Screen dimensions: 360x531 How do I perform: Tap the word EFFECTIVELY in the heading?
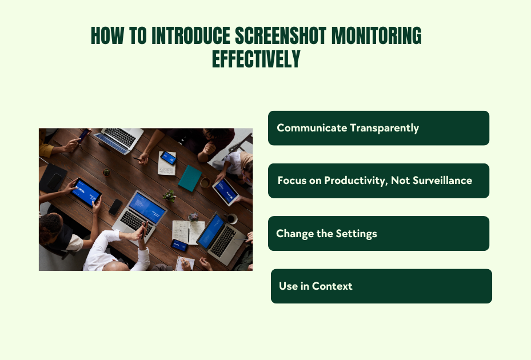(256, 59)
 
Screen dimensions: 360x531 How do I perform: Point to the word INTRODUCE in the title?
(191, 37)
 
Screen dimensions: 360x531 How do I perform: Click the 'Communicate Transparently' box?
(378, 128)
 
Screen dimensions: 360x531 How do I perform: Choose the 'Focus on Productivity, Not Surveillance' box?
(378, 181)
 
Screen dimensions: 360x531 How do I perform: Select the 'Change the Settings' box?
(378, 233)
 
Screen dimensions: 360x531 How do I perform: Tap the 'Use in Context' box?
(381, 286)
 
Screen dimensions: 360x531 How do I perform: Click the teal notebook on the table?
(189, 178)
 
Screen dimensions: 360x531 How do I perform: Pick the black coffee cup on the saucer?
(231, 218)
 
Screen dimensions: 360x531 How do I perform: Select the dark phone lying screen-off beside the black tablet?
(115, 206)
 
